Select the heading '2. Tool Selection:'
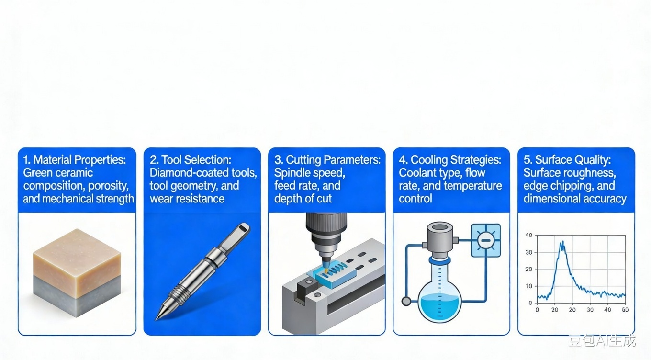point(191,160)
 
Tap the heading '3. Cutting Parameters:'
point(327,160)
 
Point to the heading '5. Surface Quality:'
point(567,160)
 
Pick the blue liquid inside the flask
point(439,306)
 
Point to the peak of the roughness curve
point(562,242)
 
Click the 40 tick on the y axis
point(528,235)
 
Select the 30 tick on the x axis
point(590,310)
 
